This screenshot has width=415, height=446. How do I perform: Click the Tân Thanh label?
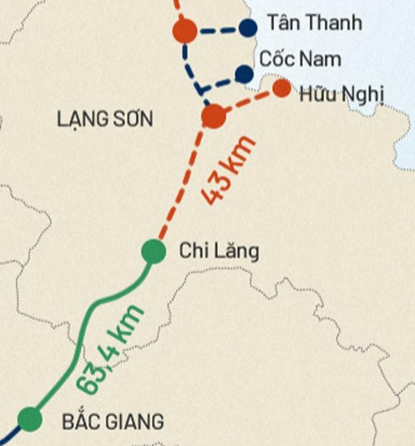[x=314, y=23]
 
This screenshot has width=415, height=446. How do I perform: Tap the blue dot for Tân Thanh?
[x=247, y=28]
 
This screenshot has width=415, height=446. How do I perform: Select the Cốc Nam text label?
[x=300, y=58]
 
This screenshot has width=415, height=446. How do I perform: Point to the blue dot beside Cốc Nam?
[x=244, y=73]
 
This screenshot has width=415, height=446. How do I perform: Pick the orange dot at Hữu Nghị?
[x=281, y=88]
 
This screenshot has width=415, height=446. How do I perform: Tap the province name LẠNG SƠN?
[x=105, y=119]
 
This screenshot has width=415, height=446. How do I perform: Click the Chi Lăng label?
[x=219, y=251]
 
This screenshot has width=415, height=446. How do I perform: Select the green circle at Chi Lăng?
[x=153, y=251]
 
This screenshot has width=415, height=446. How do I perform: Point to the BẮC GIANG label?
[x=112, y=421]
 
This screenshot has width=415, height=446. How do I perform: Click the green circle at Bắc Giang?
[x=29, y=419]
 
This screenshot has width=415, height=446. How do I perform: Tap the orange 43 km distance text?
[x=230, y=170]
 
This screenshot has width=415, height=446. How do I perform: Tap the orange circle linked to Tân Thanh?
[x=185, y=31]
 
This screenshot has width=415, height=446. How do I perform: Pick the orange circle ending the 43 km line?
[x=214, y=115]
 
